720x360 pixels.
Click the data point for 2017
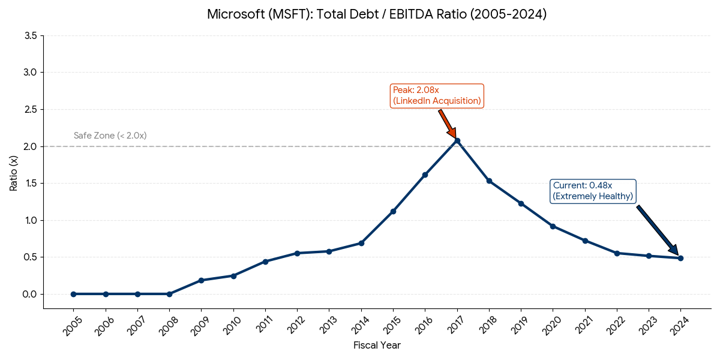457,140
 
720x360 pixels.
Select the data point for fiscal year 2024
680,258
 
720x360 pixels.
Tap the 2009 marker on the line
201,280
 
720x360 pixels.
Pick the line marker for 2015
393,211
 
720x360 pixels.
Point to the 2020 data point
553,226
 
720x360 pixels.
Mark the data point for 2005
73,294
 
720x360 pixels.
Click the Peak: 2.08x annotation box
437,95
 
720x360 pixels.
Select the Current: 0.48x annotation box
593,191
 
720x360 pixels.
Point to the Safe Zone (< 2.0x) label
110,136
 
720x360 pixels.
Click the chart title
377,14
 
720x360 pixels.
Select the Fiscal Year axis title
377,345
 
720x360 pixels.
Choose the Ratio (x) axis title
13,172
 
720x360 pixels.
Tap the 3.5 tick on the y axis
31,36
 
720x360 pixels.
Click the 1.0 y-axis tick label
31,220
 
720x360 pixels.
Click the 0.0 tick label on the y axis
31,294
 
